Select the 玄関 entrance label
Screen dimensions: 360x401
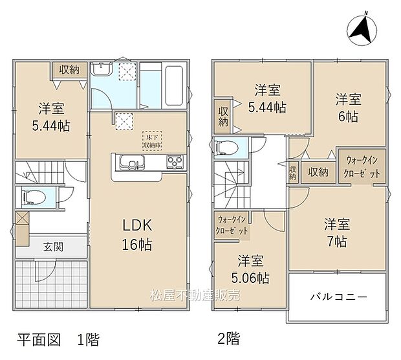pos(54,246)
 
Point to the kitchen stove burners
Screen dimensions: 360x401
pos(175,161)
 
